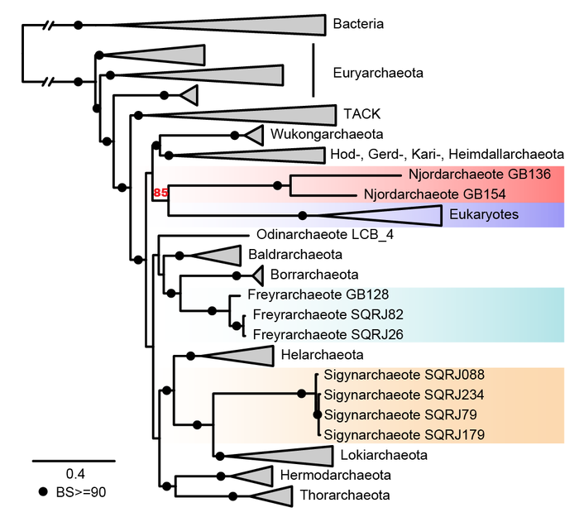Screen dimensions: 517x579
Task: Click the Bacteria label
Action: (x=358, y=24)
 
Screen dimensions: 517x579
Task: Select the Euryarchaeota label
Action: (x=377, y=73)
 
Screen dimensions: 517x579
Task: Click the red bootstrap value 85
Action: (x=160, y=194)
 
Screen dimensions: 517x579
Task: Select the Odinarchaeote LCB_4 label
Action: (x=313, y=234)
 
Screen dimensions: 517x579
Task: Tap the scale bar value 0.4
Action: (x=74, y=474)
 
